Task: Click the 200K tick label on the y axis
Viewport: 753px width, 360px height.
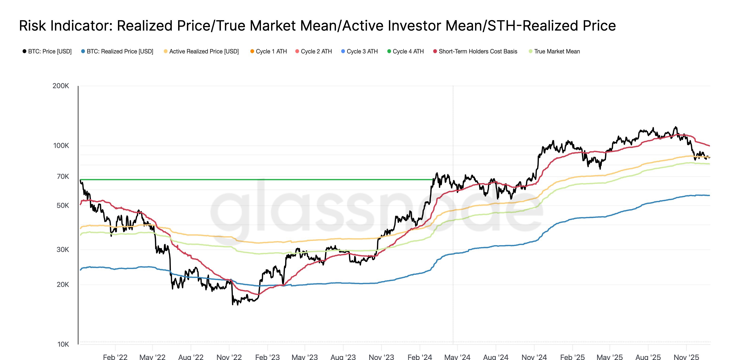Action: [x=60, y=86]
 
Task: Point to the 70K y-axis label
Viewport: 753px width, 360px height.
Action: [x=63, y=176]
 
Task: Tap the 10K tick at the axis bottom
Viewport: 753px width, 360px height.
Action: [x=63, y=344]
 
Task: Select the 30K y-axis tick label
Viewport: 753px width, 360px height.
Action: [x=63, y=250]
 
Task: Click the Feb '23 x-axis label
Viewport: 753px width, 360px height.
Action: [x=267, y=357]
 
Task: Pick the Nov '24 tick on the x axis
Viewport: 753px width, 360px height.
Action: [x=534, y=357]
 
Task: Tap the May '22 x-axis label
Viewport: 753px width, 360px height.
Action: [x=152, y=357]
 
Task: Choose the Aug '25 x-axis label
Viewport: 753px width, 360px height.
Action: [x=648, y=357]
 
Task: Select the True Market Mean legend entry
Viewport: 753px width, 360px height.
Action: [x=557, y=52]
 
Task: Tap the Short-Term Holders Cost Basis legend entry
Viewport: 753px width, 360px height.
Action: [x=478, y=52]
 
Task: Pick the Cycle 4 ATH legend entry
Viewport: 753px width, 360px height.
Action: [x=408, y=52]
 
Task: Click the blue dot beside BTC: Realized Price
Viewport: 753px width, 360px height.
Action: [x=83, y=52]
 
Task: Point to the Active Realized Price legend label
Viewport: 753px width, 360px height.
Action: [x=204, y=52]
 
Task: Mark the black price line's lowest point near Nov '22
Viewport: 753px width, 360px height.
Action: [x=233, y=304]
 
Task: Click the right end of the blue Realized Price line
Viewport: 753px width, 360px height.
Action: [x=709, y=196]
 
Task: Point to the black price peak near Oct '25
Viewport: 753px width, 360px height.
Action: [x=675, y=127]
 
